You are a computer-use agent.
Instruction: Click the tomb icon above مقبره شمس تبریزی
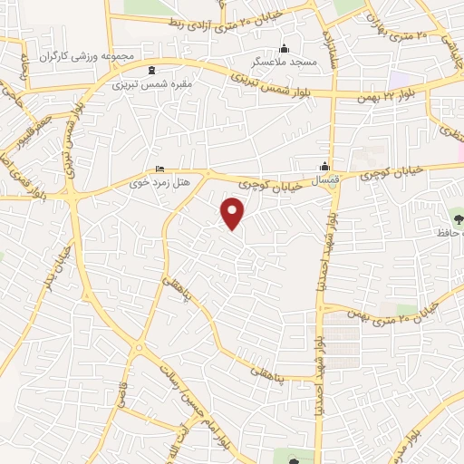150,70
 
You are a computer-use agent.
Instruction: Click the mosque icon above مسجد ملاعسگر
285,49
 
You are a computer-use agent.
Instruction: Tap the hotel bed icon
160,169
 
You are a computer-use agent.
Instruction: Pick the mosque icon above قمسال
324,165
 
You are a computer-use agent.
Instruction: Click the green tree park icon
455,217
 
